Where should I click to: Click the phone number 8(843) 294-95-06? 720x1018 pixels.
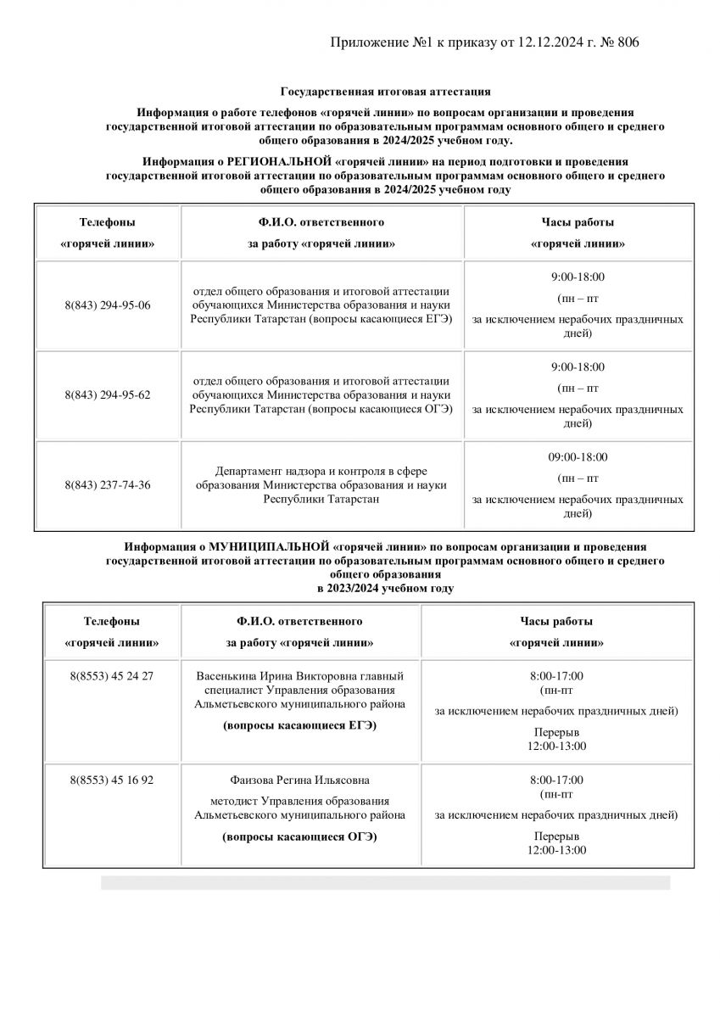(107, 305)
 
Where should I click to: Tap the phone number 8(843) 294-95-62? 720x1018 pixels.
(107, 394)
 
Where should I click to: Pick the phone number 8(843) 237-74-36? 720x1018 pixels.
(107, 484)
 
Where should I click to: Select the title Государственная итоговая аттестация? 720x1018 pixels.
(385, 91)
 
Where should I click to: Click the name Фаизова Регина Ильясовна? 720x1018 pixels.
(299, 780)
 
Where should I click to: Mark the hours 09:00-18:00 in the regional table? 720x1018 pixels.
(578, 456)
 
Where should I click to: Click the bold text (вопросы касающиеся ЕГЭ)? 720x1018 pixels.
(299, 726)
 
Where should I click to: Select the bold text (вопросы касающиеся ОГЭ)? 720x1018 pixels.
(299, 837)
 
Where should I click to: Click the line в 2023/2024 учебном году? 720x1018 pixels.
(385, 588)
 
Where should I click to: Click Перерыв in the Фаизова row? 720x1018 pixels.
(556, 836)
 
